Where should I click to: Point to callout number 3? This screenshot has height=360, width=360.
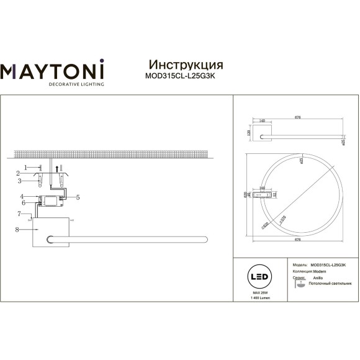20,181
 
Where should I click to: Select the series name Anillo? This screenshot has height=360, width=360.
317,277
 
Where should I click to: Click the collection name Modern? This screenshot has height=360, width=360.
318,271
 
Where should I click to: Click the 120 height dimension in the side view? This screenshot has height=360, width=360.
249,133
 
